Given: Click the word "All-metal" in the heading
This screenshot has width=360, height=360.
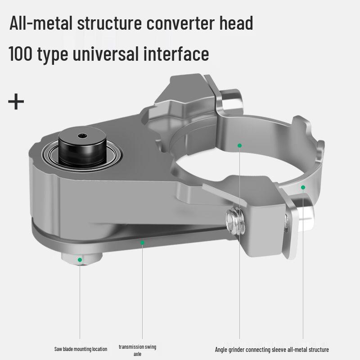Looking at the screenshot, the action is [x=41, y=23].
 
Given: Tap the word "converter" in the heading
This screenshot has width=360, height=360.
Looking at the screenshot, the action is [x=180, y=23].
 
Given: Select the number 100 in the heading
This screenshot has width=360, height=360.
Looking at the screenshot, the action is [x=20, y=54].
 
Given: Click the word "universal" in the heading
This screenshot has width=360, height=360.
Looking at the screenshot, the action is [x=106, y=54].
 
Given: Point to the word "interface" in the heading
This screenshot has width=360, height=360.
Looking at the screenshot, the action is [x=176, y=54].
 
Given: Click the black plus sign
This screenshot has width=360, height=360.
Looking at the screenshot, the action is [x=16, y=101].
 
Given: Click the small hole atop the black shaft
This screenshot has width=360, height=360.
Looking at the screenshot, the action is [x=82, y=136].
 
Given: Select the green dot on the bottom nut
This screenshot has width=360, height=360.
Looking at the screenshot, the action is [x=80, y=260].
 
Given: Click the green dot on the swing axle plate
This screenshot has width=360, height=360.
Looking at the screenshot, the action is [x=142, y=243].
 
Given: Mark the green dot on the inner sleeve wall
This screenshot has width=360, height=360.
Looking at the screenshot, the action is [x=239, y=145].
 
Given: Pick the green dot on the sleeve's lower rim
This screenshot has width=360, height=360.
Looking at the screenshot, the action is [x=303, y=187].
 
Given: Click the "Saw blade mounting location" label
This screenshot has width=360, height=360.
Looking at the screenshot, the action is [x=81, y=349].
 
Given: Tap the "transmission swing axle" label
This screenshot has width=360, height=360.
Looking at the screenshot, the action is [x=137, y=350].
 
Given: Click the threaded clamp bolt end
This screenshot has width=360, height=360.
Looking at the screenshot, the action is [x=235, y=220].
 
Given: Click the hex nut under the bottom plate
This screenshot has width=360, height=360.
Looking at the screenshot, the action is [x=82, y=258].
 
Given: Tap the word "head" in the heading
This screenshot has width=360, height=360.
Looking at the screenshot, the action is [x=236, y=23].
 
